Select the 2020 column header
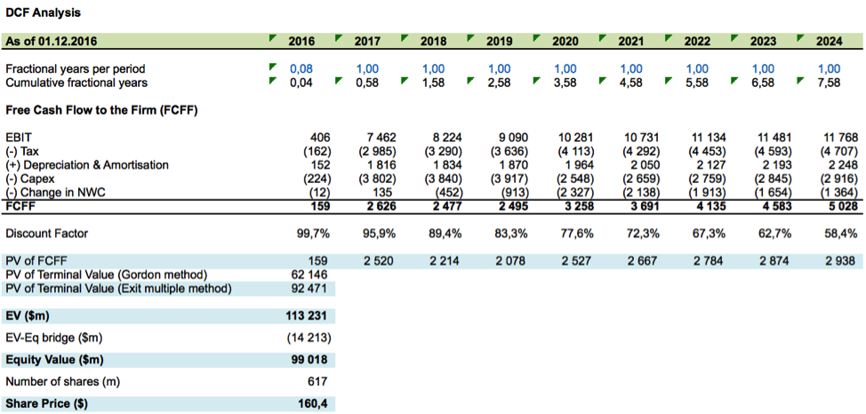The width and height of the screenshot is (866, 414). [565, 41]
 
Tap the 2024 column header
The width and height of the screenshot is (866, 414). [828, 41]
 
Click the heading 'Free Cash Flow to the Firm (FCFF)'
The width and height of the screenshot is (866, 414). [101, 110]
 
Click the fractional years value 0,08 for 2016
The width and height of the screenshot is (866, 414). [301, 68]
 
